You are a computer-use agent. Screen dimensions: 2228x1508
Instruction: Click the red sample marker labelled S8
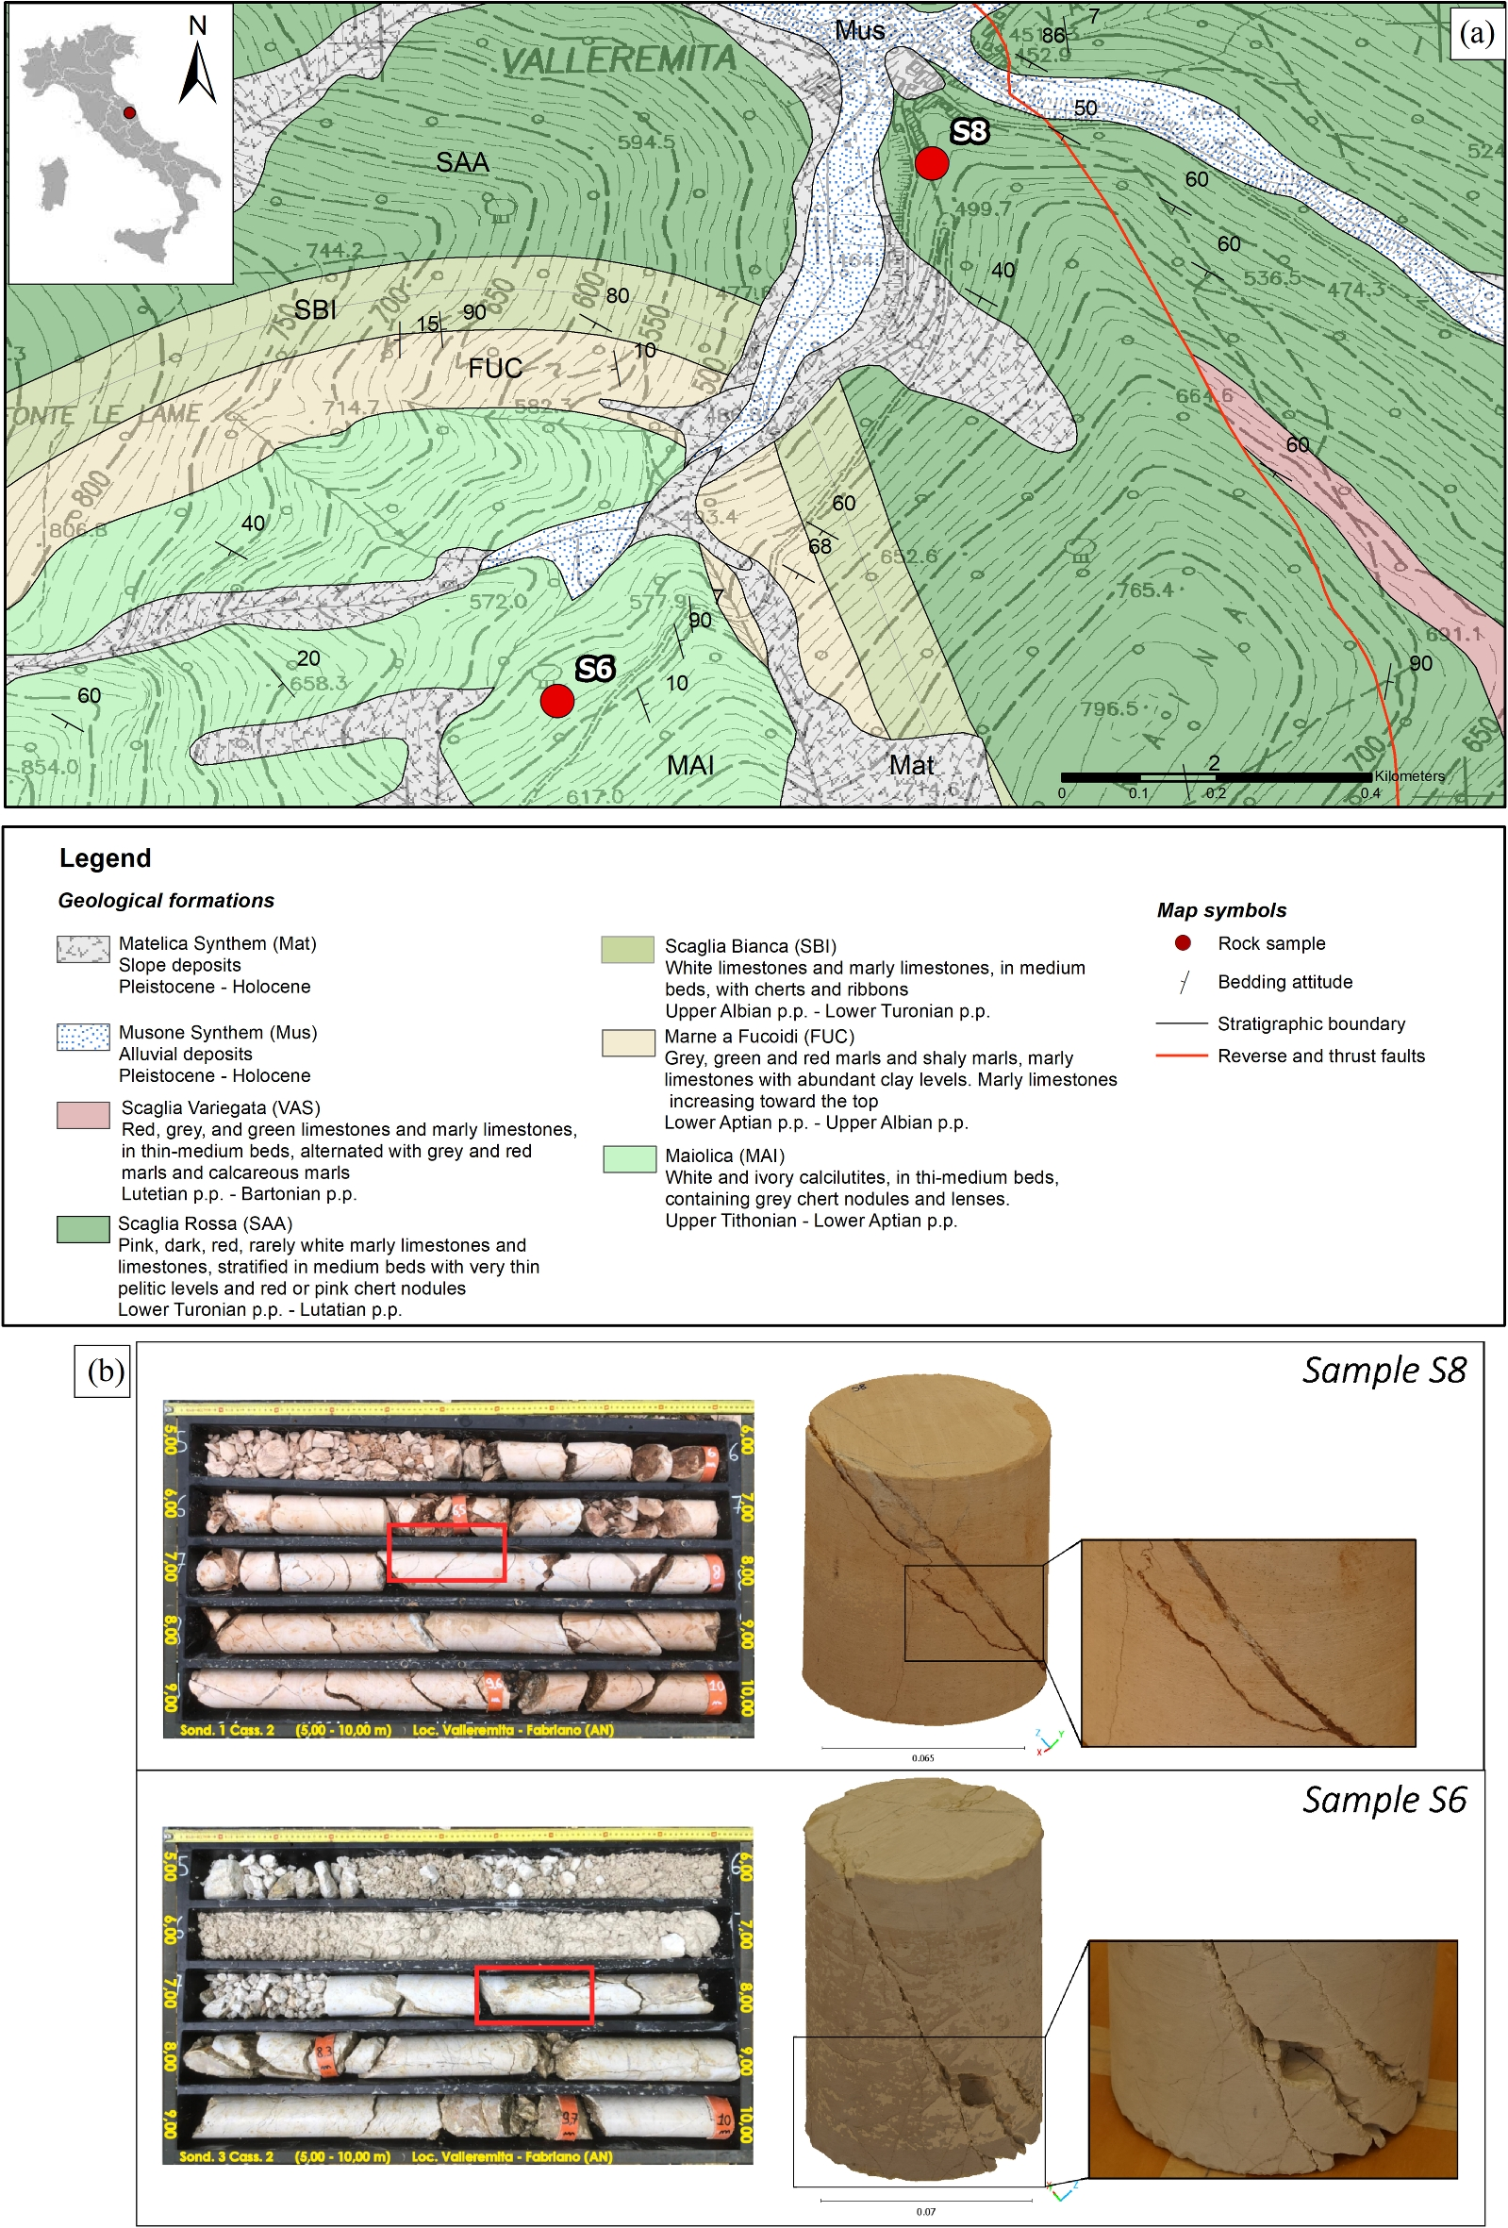[931, 163]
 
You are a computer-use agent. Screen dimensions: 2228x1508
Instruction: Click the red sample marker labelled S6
[557, 701]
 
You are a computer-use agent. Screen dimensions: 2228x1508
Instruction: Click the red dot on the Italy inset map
[129, 113]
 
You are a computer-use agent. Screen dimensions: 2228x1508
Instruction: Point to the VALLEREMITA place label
[619, 60]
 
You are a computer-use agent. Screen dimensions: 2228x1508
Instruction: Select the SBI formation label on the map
[315, 309]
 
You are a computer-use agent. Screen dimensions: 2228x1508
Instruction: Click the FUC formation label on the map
[495, 368]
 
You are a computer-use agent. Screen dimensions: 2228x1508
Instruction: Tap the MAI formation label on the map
[690, 765]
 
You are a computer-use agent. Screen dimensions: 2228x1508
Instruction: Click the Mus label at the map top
[859, 31]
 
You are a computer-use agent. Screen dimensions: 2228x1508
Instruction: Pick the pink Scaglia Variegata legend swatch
[82, 1115]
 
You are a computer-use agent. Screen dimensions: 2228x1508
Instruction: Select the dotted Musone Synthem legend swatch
[82, 1038]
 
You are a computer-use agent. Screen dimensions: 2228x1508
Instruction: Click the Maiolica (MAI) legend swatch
[629, 1158]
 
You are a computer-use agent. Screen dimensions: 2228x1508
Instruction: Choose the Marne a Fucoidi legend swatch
[628, 1043]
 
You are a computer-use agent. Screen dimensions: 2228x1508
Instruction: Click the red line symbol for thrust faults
[1181, 1056]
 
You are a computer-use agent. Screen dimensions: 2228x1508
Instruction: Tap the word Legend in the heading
[106, 858]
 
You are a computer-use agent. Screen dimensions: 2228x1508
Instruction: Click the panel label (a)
[1476, 33]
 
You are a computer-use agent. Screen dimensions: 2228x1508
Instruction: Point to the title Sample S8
[1384, 1371]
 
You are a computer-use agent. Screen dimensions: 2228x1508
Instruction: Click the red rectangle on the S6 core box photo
[534, 1995]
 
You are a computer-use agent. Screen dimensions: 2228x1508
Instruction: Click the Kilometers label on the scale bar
[1408, 775]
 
